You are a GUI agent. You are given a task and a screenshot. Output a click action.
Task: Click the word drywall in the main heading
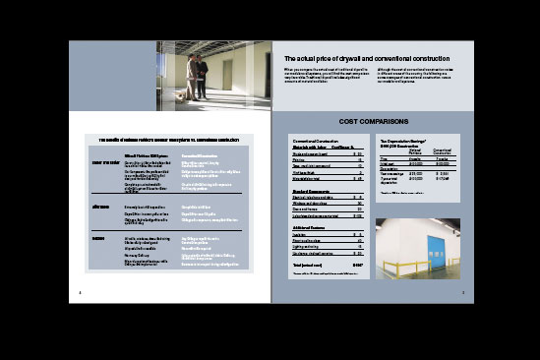(352, 58)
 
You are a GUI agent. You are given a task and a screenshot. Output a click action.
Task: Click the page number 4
(80, 292)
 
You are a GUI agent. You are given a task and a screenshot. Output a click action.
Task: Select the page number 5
(462, 292)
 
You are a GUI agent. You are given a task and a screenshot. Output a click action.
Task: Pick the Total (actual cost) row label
(299, 265)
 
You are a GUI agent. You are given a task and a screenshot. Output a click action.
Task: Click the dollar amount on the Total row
(357, 265)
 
